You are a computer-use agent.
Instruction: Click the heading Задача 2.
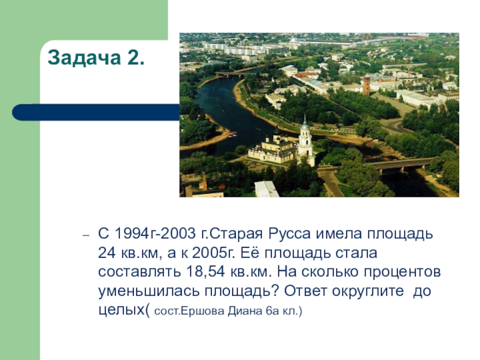pos(95,58)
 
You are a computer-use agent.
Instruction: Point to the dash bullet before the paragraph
pos(86,235)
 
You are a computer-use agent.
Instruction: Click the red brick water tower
pos(366,85)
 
